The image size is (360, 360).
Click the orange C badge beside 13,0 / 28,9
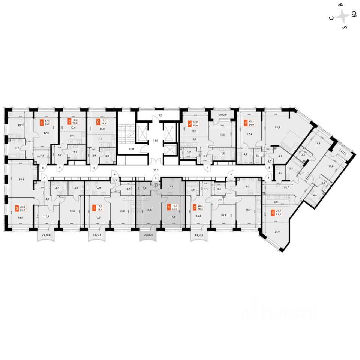[x=95, y=121]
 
